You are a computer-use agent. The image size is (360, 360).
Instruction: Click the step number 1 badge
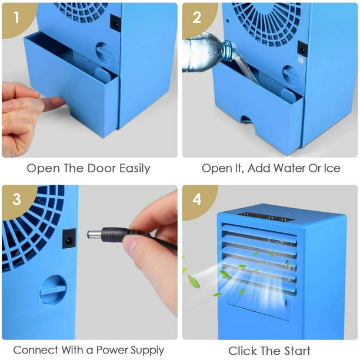(x=16, y=18)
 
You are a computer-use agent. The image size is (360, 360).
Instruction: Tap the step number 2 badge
(x=197, y=18)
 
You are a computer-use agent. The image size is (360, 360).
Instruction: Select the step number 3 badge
(x=16, y=199)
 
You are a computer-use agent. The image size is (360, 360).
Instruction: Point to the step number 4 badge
(x=197, y=199)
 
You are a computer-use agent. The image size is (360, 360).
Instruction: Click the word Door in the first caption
(x=102, y=168)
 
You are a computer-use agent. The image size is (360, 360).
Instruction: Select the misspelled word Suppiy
(x=148, y=351)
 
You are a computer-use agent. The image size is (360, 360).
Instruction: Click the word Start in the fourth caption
(x=297, y=351)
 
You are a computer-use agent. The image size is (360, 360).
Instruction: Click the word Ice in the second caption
(x=332, y=168)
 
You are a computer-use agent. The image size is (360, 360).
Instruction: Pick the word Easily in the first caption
(x=135, y=169)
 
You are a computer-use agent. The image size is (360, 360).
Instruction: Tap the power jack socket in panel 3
(x=69, y=238)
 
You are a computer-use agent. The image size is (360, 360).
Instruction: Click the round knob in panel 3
(x=53, y=289)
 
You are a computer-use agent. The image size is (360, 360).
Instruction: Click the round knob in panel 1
(x=105, y=54)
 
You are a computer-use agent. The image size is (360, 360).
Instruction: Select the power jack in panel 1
(x=115, y=23)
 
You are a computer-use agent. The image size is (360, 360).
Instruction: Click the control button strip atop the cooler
(x=266, y=216)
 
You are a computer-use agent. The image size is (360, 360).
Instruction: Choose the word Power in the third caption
(x=112, y=351)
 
